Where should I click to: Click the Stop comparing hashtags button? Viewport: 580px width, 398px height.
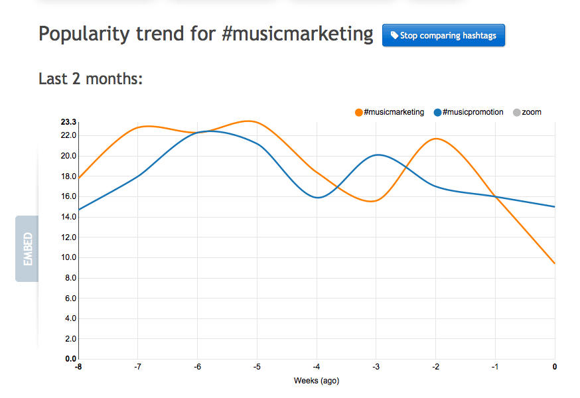tap(443, 36)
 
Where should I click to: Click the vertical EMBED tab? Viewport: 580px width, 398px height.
tap(27, 249)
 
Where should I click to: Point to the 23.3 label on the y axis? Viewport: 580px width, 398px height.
tap(68, 122)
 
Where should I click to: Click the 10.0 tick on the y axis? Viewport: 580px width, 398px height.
tap(68, 257)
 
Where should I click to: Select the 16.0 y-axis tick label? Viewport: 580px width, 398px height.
tap(68, 196)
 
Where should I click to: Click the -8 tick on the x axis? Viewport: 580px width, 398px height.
tap(78, 367)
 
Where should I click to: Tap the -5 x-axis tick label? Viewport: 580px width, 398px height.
tap(256, 367)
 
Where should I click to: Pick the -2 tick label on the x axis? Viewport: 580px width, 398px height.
tap(435, 367)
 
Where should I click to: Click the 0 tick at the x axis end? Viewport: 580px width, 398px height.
tap(554, 367)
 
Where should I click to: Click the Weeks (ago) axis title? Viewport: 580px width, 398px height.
tap(317, 381)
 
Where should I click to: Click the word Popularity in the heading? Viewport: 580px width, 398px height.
tap(83, 34)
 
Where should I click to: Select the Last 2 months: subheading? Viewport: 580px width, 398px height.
tap(91, 79)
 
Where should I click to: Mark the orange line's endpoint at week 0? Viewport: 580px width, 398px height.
tap(554, 263)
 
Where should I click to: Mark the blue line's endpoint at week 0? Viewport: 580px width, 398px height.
tap(554, 206)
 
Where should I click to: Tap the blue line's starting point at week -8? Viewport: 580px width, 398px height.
tap(79, 210)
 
